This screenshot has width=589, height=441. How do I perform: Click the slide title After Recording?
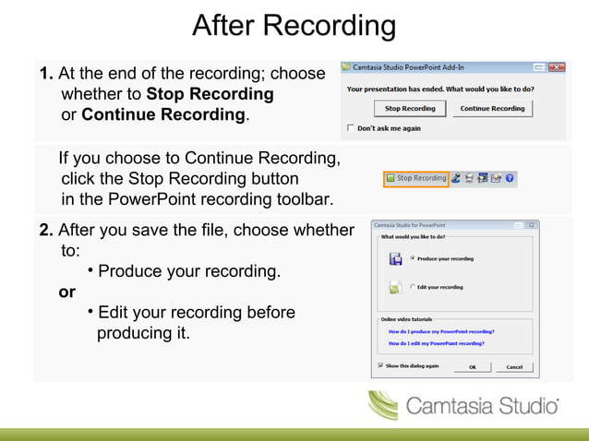(x=294, y=26)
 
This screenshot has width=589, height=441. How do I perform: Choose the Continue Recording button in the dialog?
(x=492, y=108)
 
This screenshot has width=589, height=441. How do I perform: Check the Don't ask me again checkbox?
(x=350, y=127)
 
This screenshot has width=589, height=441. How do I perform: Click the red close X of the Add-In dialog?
(x=557, y=67)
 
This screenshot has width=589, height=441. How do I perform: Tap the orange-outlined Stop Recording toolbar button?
(x=415, y=178)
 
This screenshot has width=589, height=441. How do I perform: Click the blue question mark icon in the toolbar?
(x=510, y=178)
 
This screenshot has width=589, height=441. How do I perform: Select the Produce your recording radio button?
(x=412, y=258)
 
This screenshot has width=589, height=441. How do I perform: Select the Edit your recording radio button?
(x=412, y=287)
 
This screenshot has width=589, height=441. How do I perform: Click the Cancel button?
(x=513, y=366)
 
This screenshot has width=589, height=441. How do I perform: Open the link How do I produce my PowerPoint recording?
(x=441, y=330)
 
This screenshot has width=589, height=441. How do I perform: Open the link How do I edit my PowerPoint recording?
(x=437, y=343)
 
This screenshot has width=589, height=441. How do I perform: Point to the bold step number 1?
(x=46, y=73)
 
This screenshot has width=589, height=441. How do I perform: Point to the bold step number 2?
(x=46, y=230)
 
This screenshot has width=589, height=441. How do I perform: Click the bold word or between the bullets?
(x=67, y=292)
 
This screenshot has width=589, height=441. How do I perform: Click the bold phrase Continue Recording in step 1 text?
(x=163, y=115)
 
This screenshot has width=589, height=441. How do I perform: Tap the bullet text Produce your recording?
(x=189, y=272)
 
